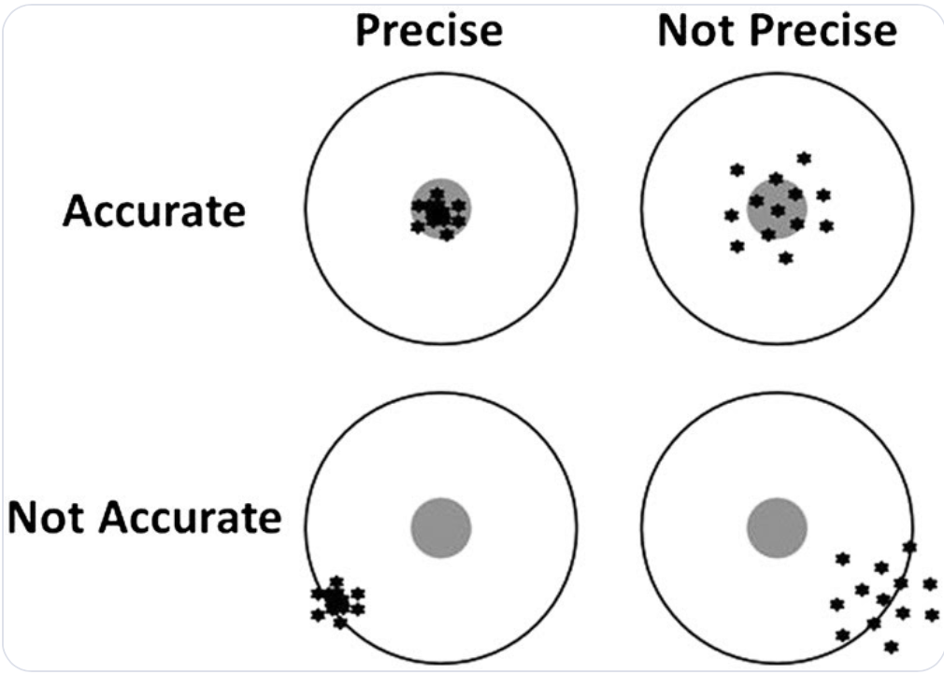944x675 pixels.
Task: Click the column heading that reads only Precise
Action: (428, 30)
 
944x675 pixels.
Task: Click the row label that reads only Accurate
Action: (154, 211)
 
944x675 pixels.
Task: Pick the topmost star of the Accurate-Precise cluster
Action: (436, 193)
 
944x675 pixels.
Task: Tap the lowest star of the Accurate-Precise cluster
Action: (447, 235)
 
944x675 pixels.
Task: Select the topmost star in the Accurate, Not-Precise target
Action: (803, 158)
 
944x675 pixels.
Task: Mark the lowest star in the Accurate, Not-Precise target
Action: (785, 257)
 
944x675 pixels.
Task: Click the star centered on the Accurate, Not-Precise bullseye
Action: (778, 210)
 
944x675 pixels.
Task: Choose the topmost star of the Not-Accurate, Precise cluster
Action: (336, 582)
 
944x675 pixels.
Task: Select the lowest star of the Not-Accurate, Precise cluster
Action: (340, 623)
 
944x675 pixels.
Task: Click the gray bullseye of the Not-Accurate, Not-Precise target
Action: (777, 528)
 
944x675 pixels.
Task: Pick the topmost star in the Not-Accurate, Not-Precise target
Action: (908, 546)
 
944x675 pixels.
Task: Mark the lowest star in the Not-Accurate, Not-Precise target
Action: (891, 646)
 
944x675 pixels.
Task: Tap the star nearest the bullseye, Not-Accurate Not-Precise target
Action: (842, 559)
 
